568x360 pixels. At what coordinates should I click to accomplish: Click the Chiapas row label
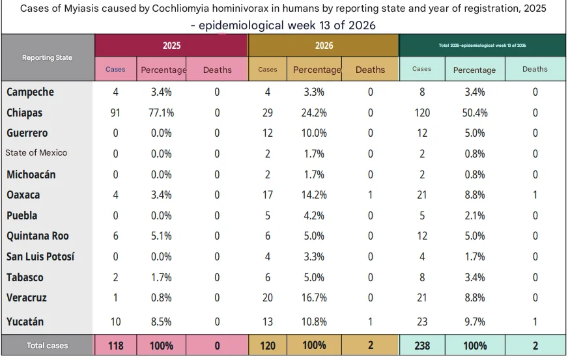click(x=24, y=113)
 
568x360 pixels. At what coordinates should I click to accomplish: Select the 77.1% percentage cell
click(x=161, y=113)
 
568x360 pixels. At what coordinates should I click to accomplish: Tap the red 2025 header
click(x=171, y=46)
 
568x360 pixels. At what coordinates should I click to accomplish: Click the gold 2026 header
click(x=324, y=46)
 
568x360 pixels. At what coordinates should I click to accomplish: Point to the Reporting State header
click(x=47, y=57)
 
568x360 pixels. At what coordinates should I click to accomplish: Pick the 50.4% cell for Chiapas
click(x=475, y=113)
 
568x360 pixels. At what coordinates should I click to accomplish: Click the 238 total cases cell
click(x=422, y=346)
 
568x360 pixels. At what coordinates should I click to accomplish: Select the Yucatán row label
click(x=25, y=322)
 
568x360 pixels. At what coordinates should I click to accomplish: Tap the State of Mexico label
click(x=36, y=153)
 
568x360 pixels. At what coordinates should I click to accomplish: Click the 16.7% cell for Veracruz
click(x=314, y=298)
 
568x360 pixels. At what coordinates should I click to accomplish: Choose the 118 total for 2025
click(x=115, y=346)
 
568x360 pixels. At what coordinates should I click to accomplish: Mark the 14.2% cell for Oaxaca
click(x=314, y=195)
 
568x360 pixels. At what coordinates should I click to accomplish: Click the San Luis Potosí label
click(x=40, y=256)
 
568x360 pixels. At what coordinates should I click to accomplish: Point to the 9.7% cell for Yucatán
click(x=475, y=322)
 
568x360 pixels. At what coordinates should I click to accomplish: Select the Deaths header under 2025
click(x=218, y=70)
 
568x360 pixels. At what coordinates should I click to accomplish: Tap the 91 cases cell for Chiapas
click(x=115, y=113)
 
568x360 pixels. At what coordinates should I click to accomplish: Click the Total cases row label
click(x=47, y=346)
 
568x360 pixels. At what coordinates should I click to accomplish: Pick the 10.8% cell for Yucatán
click(x=314, y=322)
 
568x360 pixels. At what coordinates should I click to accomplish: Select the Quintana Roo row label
click(x=38, y=236)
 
